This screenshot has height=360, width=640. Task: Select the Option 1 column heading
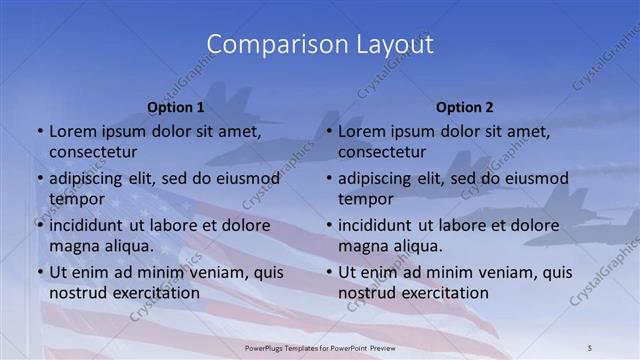[175, 107]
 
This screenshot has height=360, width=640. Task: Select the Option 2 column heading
[464, 107]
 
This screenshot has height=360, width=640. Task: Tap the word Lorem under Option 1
[71, 130]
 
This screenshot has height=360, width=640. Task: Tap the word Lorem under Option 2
[361, 130]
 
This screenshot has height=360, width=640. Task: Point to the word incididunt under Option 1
[89, 225]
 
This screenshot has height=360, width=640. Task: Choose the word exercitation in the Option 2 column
[443, 293]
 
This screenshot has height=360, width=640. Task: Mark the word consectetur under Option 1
[93, 152]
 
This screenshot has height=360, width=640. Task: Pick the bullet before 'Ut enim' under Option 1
[38, 272]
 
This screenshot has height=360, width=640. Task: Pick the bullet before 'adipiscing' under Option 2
[328, 179]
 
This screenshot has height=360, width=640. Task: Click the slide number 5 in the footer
[591, 347]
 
